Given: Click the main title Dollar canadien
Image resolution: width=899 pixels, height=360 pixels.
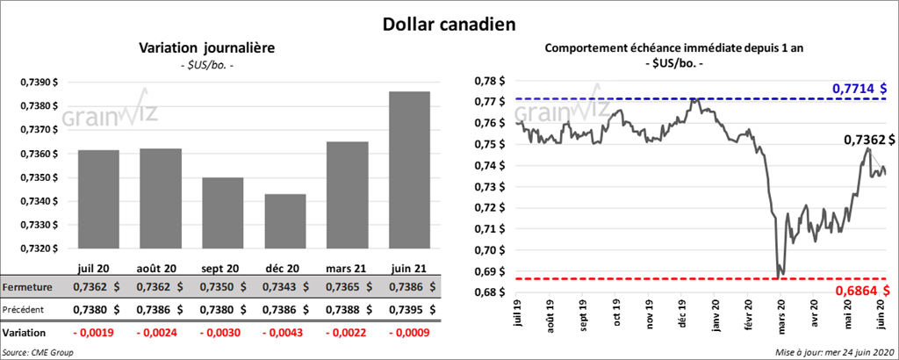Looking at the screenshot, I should point(449,24).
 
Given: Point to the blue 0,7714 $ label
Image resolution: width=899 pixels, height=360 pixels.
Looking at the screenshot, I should point(859,89).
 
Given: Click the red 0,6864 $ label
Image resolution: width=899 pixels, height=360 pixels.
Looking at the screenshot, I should point(859,290).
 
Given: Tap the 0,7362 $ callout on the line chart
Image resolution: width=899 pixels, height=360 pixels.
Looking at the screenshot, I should point(868,140).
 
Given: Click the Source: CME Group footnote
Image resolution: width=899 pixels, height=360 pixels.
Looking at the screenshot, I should point(38,351).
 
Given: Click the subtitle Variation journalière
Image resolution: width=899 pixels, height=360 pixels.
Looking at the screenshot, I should point(194,48).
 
